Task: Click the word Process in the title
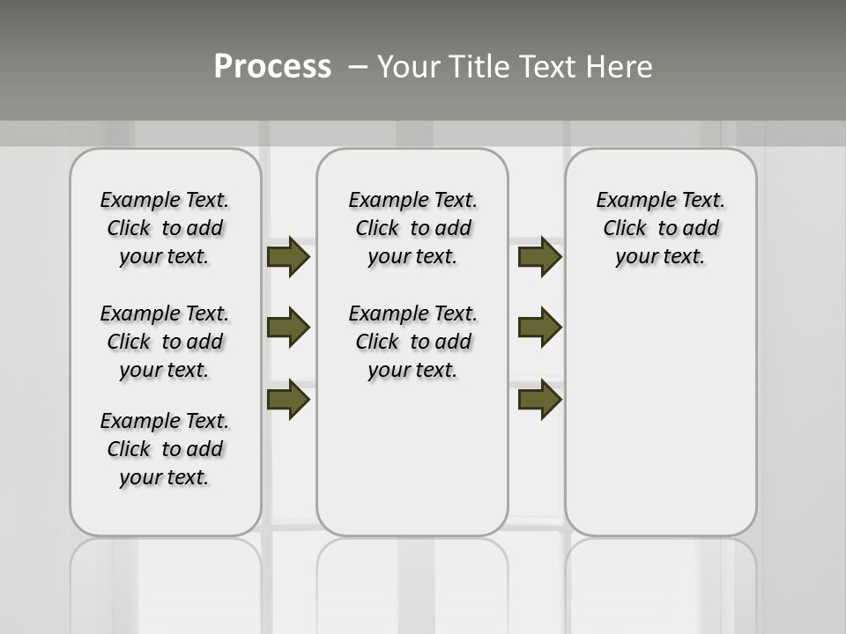point(272,67)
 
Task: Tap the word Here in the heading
point(620,67)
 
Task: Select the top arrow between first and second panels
point(288,257)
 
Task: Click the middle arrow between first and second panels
point(288,328)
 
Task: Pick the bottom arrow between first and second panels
point(288,400)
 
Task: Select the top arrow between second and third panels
point(540,257)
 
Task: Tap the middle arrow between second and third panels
point(540,328)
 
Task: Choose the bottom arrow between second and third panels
point(540,400)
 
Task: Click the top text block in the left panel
point(165,228)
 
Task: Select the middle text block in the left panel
point(165,342)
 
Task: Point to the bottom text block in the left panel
point(165,449)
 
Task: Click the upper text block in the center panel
point(412,228)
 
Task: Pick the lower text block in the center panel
point(412,342)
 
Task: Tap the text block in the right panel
point(660,228)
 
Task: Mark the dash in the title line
point(358,67)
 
